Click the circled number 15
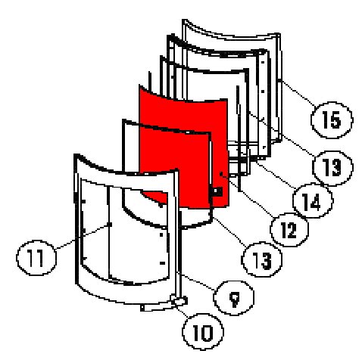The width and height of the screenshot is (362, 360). [x=332, y=120]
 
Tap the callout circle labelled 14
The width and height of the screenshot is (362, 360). [x=313, y=200]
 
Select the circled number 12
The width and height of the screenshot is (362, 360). [x=289, y=230]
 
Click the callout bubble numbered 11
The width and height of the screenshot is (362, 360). [x=36, y=258]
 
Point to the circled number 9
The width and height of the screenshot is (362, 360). [x=233, y=298]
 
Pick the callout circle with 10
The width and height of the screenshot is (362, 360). [x=203, y=332]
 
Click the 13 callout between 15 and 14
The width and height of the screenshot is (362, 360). [x=332, y=168]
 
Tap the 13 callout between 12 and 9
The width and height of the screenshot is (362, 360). [x=261, y=259]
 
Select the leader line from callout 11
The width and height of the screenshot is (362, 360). [x=83, y=237]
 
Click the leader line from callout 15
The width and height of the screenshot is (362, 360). [x=298, y=93]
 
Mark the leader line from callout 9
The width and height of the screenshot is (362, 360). [x=197, y=281]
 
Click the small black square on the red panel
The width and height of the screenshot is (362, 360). [x=217, y=192]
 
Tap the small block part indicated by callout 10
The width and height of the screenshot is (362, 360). [x=179, y=300]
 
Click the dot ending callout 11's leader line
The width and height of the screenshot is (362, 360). [x=110, y=224]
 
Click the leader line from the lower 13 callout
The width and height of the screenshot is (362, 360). [x=229, y=231]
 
